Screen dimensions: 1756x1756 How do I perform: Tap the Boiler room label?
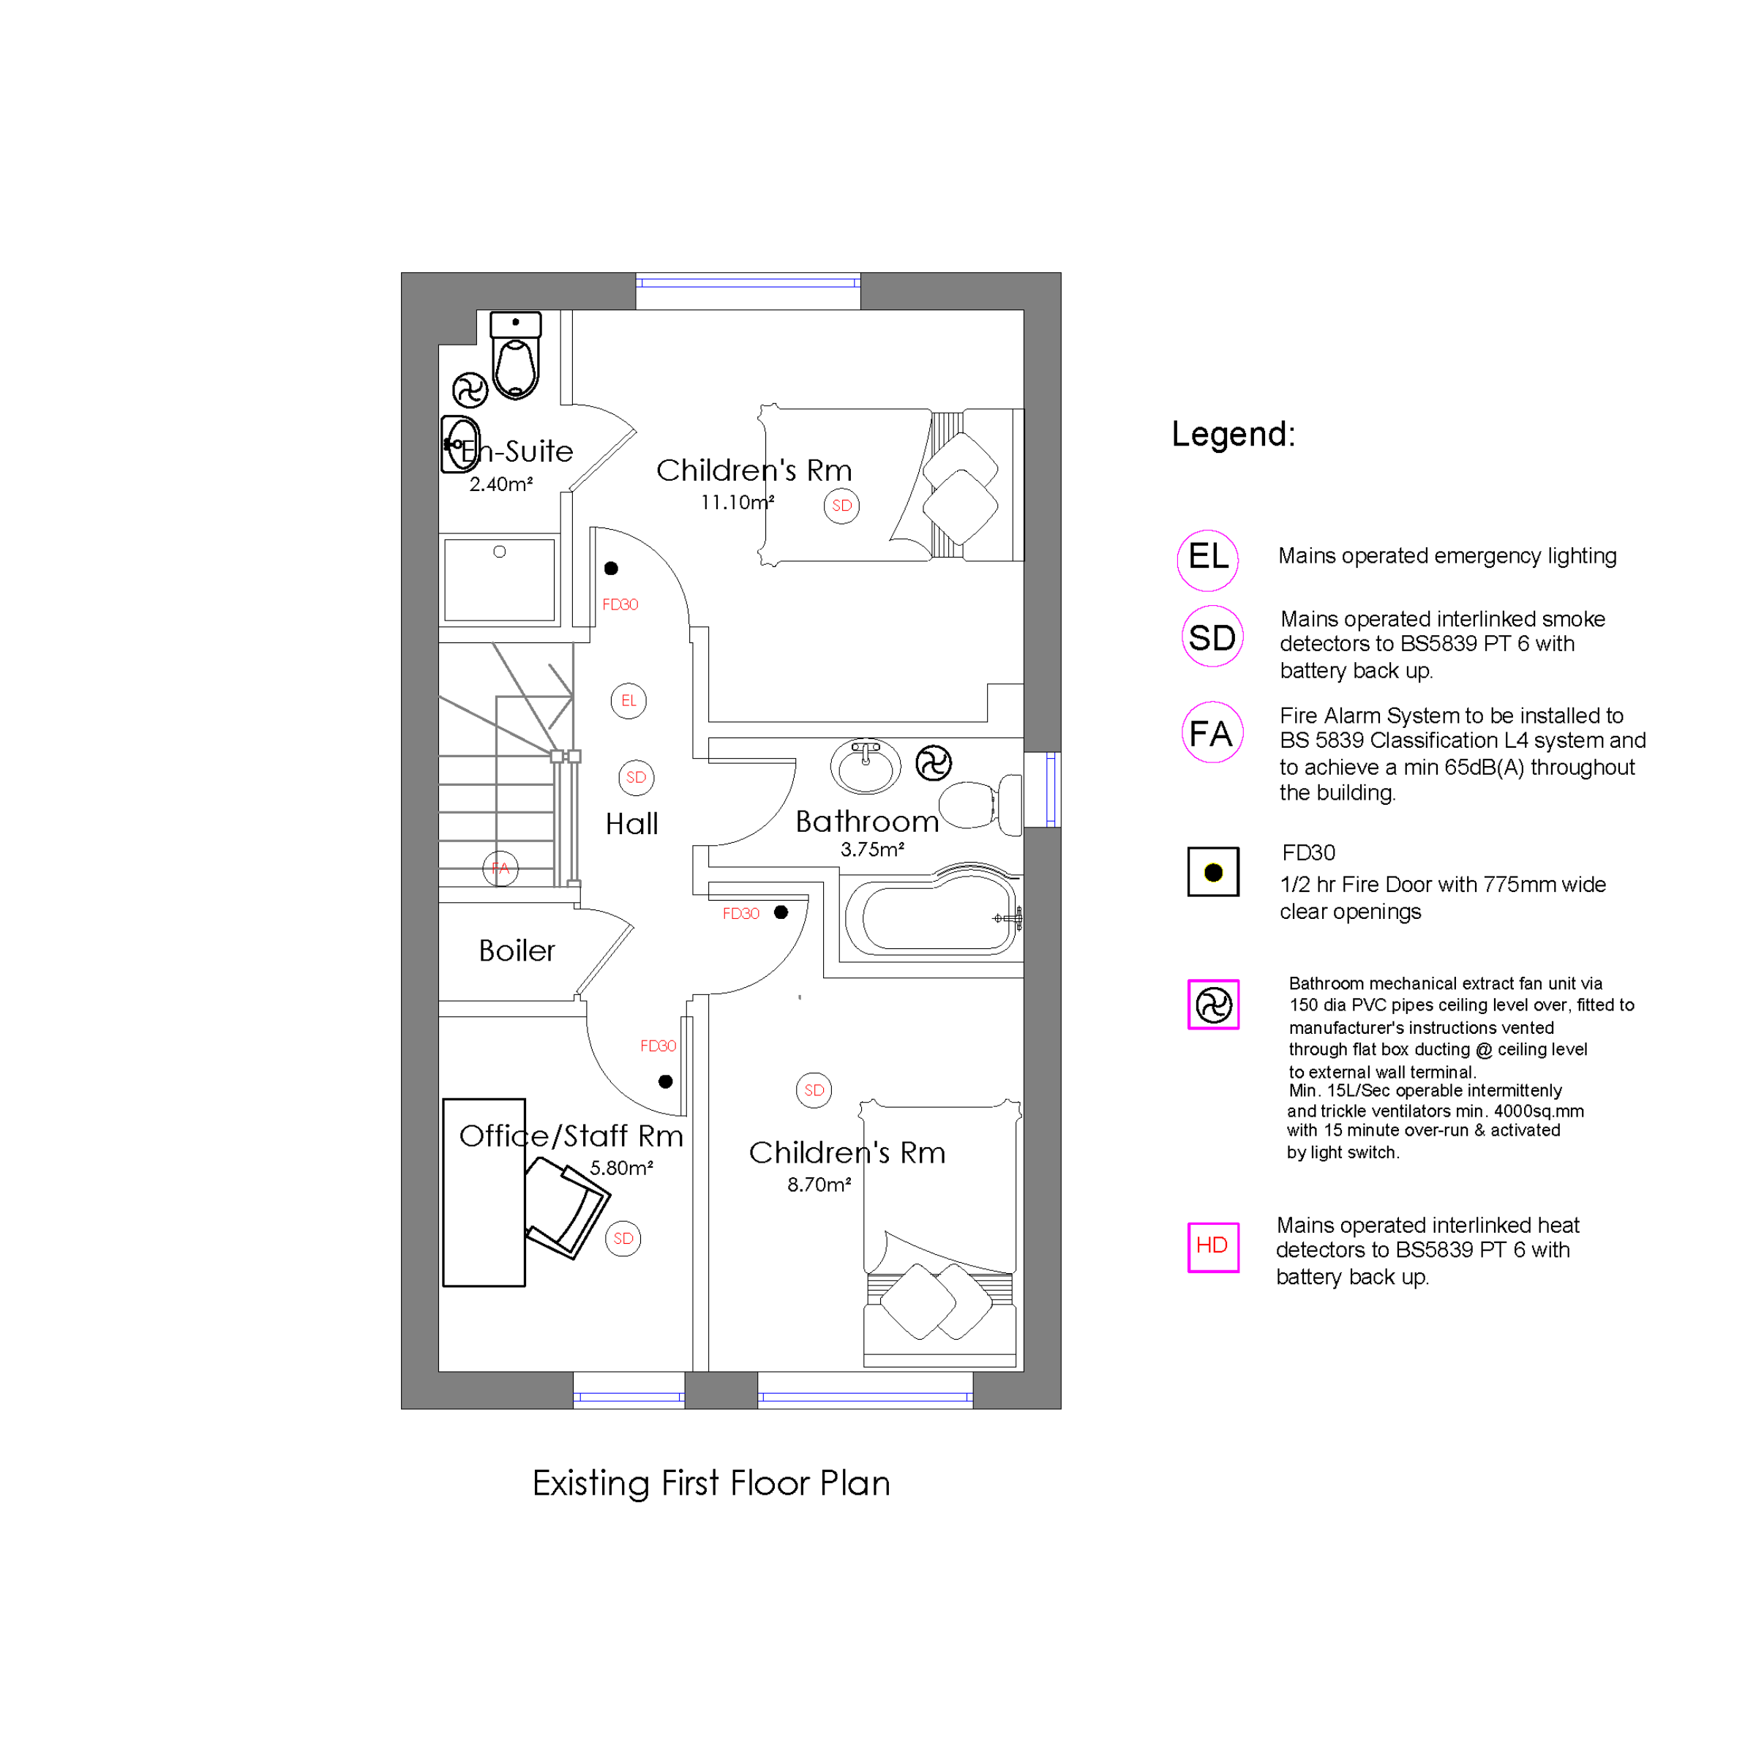coord(517,950)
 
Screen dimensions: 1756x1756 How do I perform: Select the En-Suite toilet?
coord(515,356)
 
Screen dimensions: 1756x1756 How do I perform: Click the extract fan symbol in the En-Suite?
coord(470,391)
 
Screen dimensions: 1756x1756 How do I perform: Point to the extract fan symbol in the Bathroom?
coord(934,762)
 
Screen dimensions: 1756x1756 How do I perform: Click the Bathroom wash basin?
coord(866,766)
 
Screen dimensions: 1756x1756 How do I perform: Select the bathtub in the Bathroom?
coord(934,915)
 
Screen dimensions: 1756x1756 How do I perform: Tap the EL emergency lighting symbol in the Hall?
coord(628,701)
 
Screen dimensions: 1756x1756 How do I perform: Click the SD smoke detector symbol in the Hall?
coord(637,777)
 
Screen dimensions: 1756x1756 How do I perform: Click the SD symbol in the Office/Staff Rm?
coord(623,1238)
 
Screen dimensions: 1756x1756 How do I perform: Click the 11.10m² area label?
coord(737,502)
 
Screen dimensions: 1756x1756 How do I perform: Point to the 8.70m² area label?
coord(819,1185)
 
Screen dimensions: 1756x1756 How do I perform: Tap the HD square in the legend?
coord(1213,1247)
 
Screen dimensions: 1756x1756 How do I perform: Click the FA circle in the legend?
coord(1212,732)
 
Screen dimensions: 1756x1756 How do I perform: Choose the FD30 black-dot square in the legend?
coord(1213,871)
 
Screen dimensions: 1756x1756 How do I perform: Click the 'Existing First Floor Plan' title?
coord(710,1483)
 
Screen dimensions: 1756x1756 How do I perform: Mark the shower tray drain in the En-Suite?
coord(499,552)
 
